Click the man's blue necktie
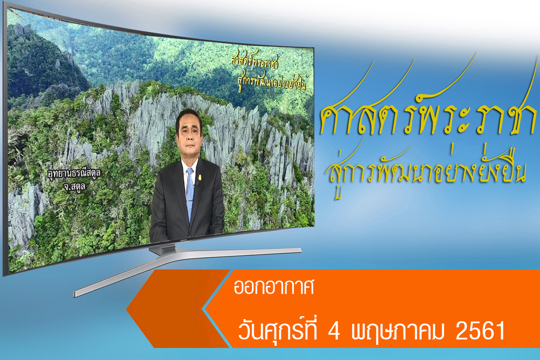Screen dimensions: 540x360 coord(190,193)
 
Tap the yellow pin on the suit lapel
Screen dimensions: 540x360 coord(200,177)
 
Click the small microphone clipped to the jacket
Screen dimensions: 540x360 coord(197,185)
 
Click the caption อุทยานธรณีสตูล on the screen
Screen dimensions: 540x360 coord(74,173)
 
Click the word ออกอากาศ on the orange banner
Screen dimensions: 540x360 coord(274,287)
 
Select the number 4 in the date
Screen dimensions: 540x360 coord(334,331)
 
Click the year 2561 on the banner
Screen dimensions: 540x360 coord(480,331)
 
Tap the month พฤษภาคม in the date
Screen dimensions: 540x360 coord(398,332)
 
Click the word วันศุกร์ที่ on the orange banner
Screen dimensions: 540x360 coord(277,330)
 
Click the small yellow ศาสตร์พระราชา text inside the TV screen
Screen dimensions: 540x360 coord(255,60)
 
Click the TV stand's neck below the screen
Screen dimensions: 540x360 coord(163,249)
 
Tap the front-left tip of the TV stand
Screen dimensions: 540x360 coord(74,294)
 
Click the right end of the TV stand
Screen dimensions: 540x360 coord(300,250)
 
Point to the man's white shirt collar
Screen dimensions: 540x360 coord(190,166)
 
